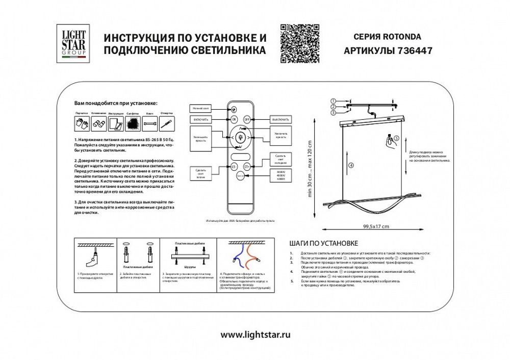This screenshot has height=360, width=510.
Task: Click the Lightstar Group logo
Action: (x=74, y=43)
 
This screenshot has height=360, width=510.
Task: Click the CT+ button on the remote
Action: (x=247, y=166)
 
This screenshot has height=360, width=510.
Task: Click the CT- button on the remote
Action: (x=234, y=166)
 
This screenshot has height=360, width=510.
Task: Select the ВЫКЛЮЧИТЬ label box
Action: (x=280, y=119)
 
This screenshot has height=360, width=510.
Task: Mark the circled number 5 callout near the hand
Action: (x=396, y=138)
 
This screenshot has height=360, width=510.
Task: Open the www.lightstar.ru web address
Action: (x=255, y=335)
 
